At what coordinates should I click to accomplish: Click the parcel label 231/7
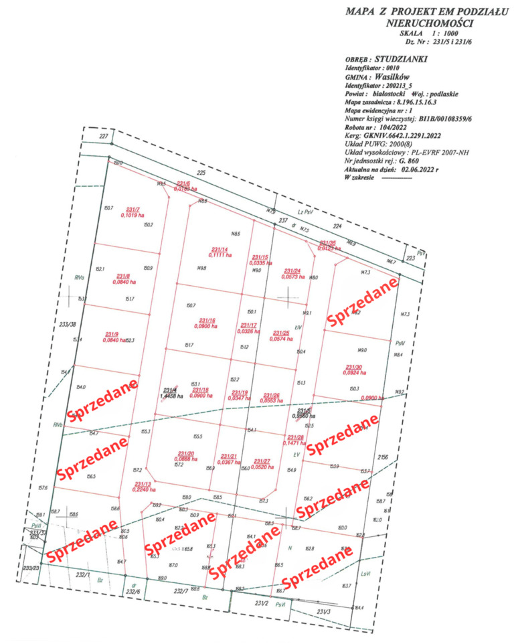tap(132, 209)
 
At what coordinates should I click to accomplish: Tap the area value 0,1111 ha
tap(220, 255)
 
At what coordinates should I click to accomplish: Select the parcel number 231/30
tap(354, 367)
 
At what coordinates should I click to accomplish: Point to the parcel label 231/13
tap(143, 484)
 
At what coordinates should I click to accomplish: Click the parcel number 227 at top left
tap(103, 137)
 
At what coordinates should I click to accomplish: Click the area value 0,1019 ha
tap(133, 216)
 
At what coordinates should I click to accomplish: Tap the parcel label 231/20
tap(185, 453)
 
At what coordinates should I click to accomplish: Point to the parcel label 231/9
tap(112, 334)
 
